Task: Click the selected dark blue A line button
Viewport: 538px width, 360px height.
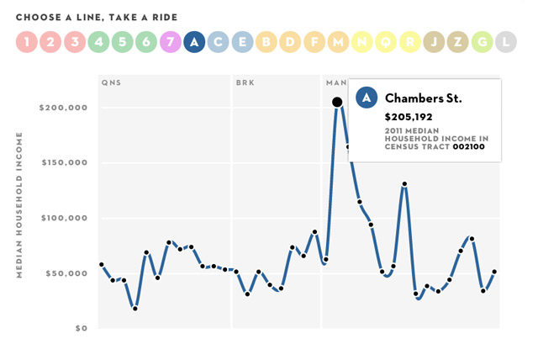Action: (x=194, y=40)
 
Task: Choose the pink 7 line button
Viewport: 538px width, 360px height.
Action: (x=171, y=40)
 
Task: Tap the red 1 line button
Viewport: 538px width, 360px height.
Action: (x=27, y=40)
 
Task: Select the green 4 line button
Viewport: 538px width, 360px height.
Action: (x=98, y=40)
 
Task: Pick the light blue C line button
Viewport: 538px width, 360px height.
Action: (x=219, y=40)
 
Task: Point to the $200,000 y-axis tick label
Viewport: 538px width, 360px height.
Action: (x=63, y=109)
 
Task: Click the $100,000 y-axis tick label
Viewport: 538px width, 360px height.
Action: (x=63, y=218)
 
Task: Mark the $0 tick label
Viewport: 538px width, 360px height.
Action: (x=80, y=328)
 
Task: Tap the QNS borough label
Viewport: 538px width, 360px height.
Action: (x=110, y=83)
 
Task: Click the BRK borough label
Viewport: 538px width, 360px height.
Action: (x=245, y=83)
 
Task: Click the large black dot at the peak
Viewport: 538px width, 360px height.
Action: (x=337, y=102)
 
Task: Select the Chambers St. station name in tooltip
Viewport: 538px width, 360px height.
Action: (x=423, y=98)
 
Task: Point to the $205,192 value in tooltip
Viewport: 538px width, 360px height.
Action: (x=409, y=117)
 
